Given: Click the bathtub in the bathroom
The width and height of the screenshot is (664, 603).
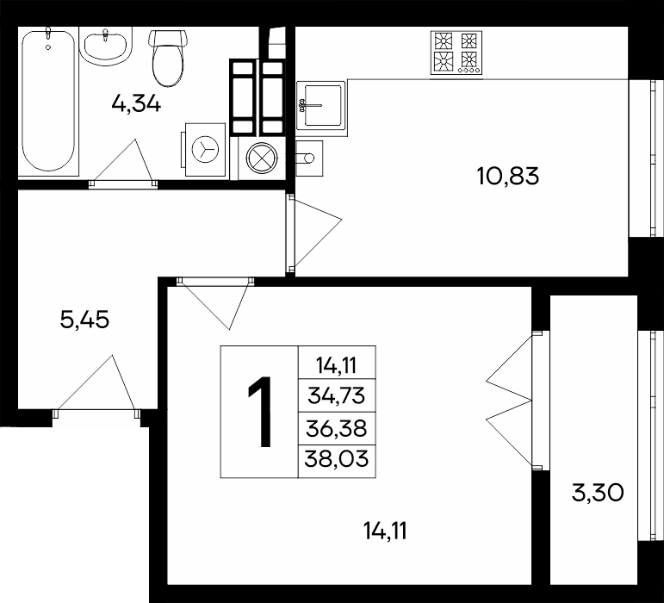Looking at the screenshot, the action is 49,101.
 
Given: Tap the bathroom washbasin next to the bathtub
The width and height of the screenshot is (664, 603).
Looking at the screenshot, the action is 105,46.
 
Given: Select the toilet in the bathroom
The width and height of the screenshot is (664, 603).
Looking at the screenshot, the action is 168,58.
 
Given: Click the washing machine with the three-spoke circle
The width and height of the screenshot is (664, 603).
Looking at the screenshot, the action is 205,149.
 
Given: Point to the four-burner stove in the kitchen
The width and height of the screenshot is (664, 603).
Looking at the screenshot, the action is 456,53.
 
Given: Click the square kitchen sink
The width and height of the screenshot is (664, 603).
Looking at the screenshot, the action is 321,105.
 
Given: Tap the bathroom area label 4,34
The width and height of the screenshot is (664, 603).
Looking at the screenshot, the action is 136,103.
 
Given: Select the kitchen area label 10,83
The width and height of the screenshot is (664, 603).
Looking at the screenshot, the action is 508,176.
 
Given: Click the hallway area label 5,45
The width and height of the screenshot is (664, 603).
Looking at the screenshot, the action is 84,320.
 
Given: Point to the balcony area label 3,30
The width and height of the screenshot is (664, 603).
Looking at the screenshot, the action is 598,493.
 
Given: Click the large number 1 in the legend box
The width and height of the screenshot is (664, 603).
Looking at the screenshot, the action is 260,411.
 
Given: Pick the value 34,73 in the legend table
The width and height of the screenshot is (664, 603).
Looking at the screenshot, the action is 336,396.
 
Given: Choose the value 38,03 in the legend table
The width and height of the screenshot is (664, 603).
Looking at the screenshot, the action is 337,458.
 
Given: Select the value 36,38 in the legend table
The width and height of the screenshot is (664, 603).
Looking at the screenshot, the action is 336,428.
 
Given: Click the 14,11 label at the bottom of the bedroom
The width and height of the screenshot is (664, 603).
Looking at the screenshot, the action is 385,531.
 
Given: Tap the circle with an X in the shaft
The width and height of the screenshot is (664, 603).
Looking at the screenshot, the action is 262,158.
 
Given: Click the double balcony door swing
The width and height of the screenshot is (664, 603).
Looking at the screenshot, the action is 509,401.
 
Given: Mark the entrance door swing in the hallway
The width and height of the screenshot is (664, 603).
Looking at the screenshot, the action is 96,382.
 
